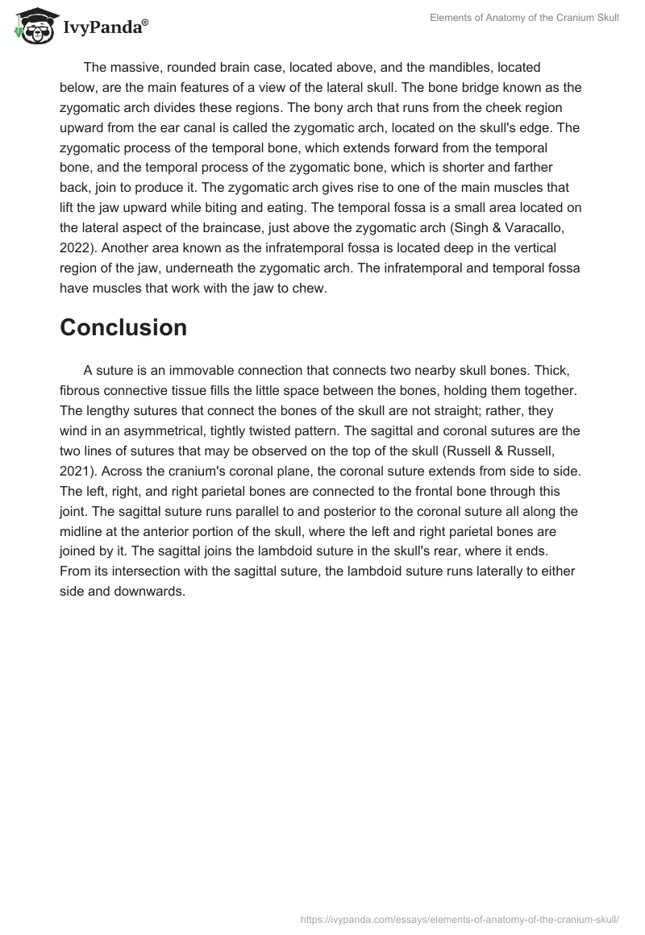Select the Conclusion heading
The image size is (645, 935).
click(x=123, y=327)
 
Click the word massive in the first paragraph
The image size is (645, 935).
click(x=136, y=66)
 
